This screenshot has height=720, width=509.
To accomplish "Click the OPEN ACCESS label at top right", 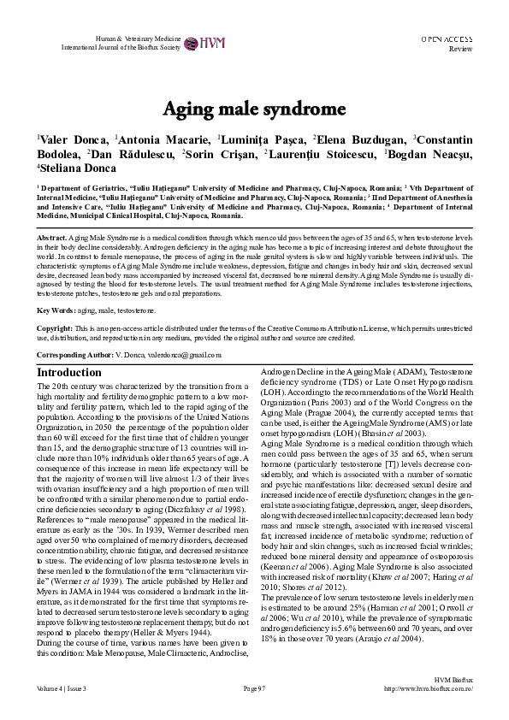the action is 447,39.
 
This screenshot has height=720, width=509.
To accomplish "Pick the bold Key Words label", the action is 55,310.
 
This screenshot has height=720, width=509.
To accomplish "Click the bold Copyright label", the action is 55,328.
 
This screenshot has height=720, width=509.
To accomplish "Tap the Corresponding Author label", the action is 74,353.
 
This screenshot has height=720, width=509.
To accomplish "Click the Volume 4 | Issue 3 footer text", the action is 62,688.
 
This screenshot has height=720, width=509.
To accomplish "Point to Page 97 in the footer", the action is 255,688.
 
